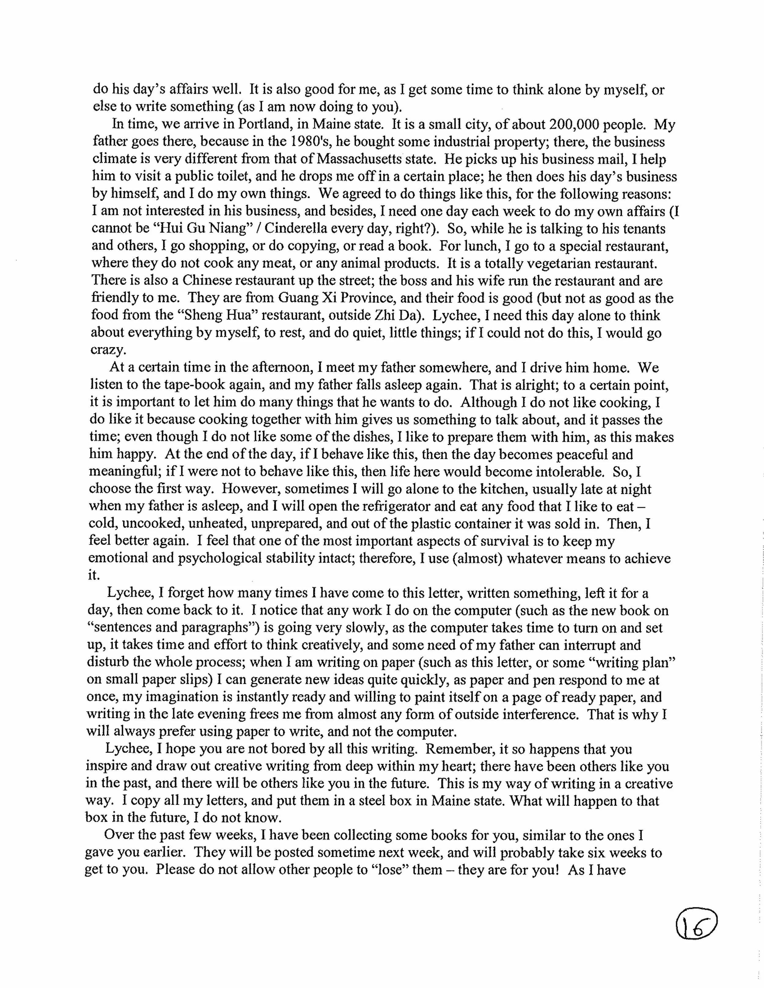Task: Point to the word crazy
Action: click(x=108, y=350)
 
